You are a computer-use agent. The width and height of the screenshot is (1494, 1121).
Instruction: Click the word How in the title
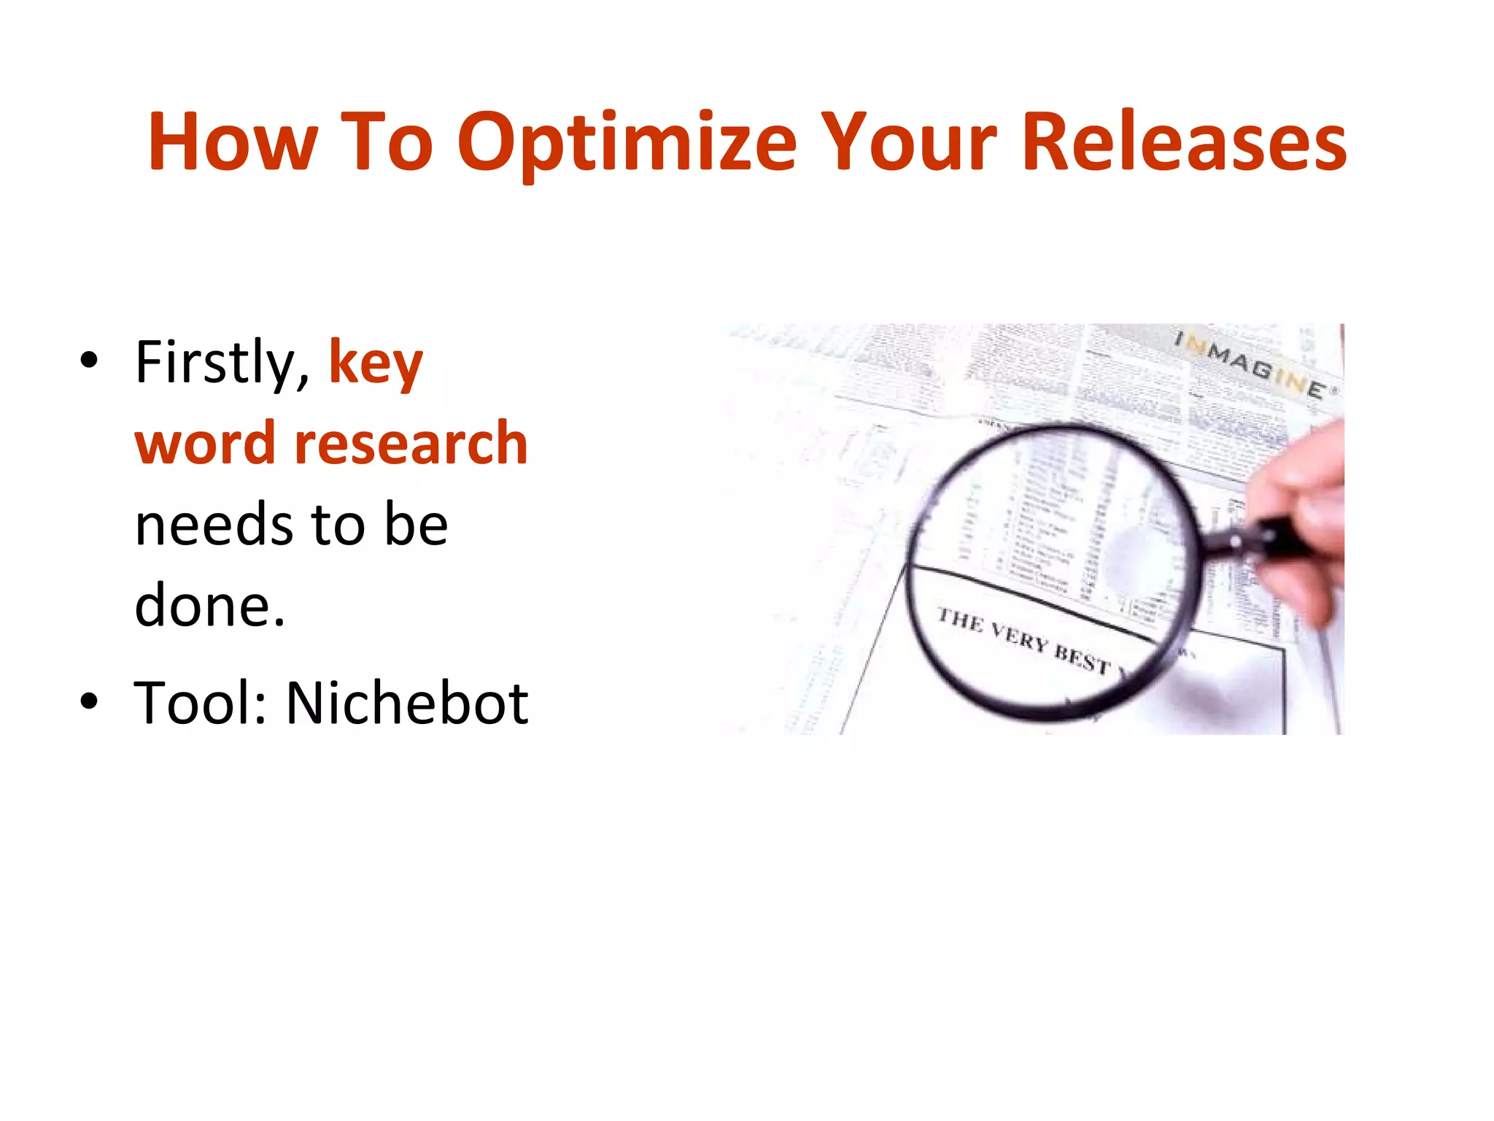pos(233,142)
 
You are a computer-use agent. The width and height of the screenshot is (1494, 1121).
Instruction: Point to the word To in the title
pos(387,142)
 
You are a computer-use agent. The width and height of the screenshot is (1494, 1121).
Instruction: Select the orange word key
pos(376,363)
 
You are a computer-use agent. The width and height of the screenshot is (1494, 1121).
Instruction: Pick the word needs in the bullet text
pos(214,525)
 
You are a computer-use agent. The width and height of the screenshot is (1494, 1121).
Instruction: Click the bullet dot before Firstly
pos(89,361)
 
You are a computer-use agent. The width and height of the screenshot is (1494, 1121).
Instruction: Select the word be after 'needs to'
pos(417,525)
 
